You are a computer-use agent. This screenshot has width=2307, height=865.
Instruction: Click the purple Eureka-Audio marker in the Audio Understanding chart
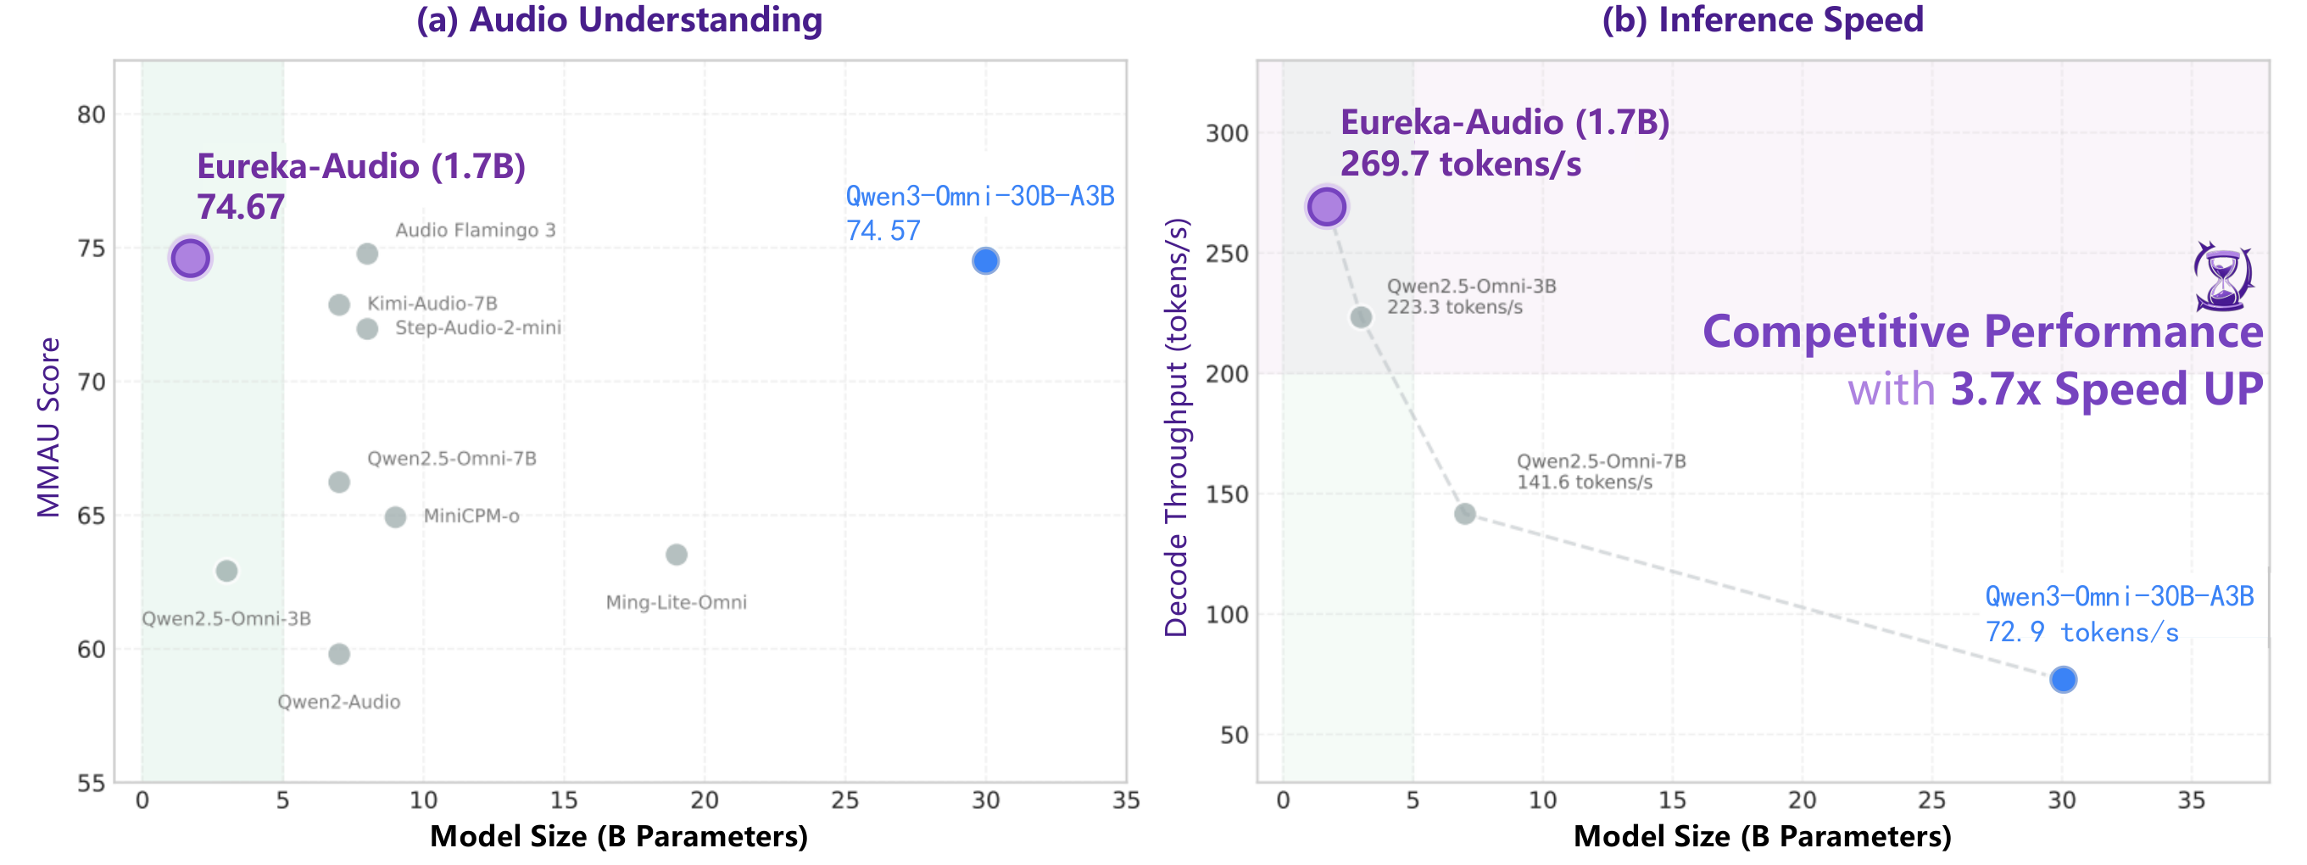click(190, 258)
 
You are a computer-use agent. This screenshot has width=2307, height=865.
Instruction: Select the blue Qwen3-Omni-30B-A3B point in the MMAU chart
click(985, 260)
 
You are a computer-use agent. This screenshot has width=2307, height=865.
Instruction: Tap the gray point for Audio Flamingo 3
click(367, 254)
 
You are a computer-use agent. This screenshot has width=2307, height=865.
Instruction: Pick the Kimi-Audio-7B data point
click(338, 304)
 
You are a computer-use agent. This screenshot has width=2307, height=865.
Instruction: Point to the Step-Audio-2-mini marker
click(367, 329)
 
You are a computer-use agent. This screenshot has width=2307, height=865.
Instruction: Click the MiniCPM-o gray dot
click(395, 516)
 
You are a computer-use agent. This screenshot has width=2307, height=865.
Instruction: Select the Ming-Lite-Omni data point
click(676, 555)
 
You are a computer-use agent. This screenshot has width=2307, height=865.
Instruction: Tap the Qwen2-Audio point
click(338, 654)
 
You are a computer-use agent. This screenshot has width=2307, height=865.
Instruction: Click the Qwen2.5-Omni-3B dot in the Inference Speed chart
click(1361, 317)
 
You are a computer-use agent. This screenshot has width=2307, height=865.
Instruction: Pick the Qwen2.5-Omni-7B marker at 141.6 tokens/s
click(1464, 513)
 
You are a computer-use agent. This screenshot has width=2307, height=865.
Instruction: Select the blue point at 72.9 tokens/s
click(2064, 678)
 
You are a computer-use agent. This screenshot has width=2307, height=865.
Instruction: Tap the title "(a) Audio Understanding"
click(619, 20)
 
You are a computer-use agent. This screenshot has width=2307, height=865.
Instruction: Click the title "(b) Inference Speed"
click(1762, 20)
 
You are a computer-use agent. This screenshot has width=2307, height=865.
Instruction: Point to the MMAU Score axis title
click(48, 427)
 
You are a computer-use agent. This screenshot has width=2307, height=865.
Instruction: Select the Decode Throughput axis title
click(1175, 427)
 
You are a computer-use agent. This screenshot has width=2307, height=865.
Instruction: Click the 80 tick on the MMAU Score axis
click(92, 114)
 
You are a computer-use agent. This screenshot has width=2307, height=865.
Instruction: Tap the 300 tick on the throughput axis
click(1227, 132)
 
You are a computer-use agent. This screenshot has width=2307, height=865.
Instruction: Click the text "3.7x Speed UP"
click(2106, 388)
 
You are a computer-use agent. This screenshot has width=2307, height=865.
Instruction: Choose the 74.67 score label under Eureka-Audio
click(241, 207)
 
